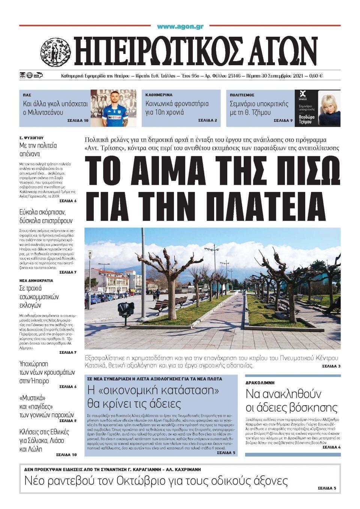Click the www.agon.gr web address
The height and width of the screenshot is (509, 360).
(180, 27)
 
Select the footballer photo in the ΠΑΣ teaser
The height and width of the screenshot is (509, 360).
(114, 108)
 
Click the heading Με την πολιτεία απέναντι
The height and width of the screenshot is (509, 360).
(38, 149)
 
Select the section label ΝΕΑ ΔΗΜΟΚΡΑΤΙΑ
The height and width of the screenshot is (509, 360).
(36, 280)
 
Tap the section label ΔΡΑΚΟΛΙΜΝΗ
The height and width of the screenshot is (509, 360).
(265, 383)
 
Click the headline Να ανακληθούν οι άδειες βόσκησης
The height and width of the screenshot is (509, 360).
(291, 401)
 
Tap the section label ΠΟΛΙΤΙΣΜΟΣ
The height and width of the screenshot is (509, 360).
(242, 95)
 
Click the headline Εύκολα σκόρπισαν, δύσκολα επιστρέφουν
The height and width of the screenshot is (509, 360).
(46, 216)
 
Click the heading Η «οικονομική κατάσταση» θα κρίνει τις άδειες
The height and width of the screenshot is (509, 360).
(153, 397)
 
